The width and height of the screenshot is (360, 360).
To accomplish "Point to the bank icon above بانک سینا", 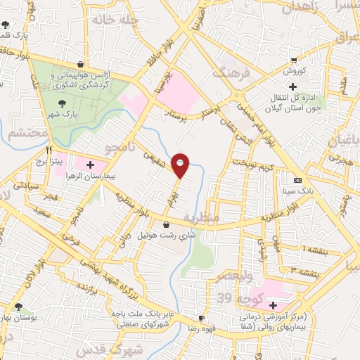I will pyautogui.click(x=296, y=180).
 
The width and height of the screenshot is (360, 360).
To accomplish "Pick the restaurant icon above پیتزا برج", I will pyautogui.click(x=49, y=150).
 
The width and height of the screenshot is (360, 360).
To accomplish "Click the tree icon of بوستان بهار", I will pyautogui.click(x=18, y=307).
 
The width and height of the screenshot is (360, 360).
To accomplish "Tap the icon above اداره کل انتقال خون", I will pyautogui.click(x=292, y=86).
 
